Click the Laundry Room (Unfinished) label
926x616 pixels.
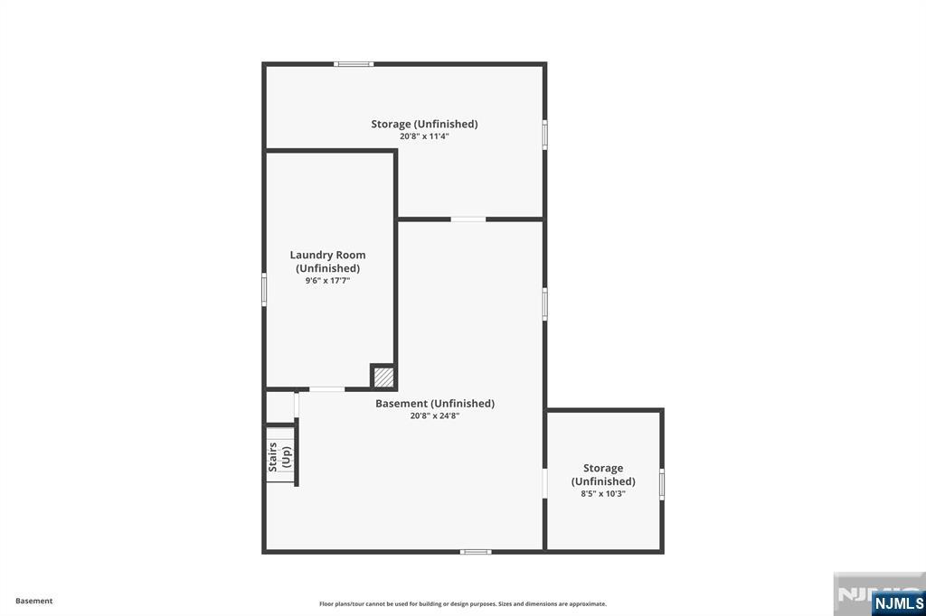327,261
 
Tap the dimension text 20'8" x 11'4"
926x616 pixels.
425,136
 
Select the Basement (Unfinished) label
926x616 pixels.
435,404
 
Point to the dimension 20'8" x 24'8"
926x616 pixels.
435,416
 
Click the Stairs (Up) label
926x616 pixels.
280,457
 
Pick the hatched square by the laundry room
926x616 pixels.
383,377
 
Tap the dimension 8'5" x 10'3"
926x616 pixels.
603,494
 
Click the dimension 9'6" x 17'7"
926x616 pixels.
327,281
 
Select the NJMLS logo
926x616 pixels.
898,603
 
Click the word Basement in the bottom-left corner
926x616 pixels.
34,601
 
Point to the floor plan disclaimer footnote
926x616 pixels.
463,603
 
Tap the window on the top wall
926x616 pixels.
354,64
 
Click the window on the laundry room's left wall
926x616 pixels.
264,289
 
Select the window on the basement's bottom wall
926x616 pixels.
476,552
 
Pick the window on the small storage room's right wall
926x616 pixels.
662,484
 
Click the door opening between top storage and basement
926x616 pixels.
468,219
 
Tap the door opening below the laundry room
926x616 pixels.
327,389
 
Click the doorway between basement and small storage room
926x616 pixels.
544,484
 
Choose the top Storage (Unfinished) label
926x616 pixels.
425,124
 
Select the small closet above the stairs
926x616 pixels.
280,406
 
